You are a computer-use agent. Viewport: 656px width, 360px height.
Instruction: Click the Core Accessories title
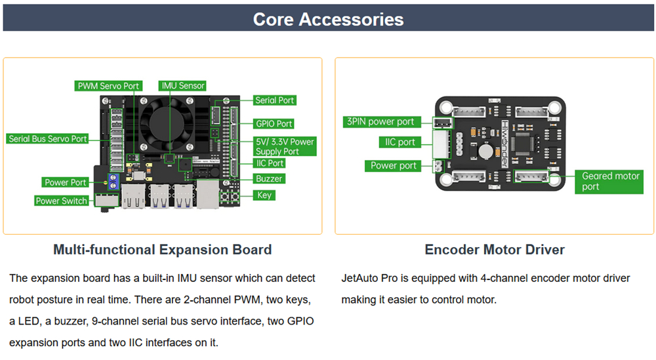click(x=329, y=19)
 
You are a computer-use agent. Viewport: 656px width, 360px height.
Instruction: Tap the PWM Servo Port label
click(x=108, y=86)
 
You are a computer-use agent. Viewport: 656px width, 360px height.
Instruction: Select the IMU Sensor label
click(x=183, y=85)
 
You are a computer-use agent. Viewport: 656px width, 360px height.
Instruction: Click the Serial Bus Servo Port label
click(x=47, y=139)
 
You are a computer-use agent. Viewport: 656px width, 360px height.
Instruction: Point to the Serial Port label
click(x=274, y=100)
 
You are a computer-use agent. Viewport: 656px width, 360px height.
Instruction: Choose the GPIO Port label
click(x=274, y=124)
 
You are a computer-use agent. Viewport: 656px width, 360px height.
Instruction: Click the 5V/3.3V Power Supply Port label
click(x=285, y=146)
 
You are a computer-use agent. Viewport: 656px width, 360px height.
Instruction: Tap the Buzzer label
click(x=268, y=178)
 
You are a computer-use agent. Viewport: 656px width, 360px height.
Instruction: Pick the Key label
click(x=264, y=195)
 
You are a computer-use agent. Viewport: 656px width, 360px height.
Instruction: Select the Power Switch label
click(x=62, y=201)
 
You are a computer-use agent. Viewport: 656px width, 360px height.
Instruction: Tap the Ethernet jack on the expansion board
click(x=207, y=193)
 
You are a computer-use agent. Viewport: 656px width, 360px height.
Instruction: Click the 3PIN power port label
click(x=381, y=122)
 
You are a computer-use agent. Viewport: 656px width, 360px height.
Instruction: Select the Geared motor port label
click(x=610, y=181)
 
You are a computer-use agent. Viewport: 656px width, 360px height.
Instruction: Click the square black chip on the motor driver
click(x=524, y=144)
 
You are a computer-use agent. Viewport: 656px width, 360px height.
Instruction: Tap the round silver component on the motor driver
click(x=485, y=151)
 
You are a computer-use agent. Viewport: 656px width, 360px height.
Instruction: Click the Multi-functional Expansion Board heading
click(x=162, y=250)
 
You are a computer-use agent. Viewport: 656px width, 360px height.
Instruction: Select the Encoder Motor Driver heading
click(x=495, y=250)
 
